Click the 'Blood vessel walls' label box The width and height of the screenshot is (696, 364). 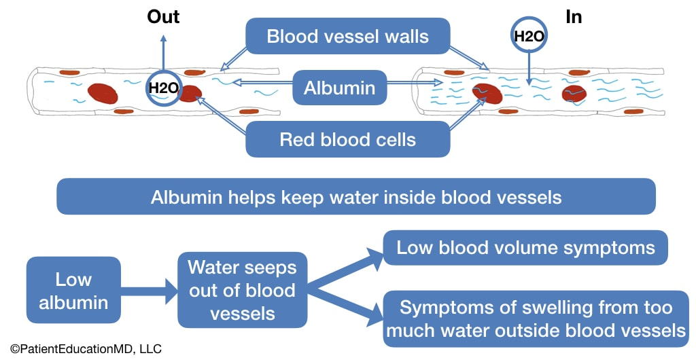[x=347, y=36]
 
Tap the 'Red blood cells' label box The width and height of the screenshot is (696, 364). [x=347, y=140]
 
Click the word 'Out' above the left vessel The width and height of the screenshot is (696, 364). [x=163, y=16]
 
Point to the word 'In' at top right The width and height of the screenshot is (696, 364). [x=574, y=16]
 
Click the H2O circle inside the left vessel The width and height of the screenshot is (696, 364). [x=163, y=88]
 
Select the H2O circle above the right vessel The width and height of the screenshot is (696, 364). [x=529, y=37]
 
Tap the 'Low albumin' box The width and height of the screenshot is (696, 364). [x=73, y=290]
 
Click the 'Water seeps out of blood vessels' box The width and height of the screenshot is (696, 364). [x=242, y=290]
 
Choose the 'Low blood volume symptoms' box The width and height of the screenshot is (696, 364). [x=525, y=247]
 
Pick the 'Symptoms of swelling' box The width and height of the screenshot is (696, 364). [x=536, y=318]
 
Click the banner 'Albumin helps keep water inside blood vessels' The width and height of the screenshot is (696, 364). [x=355, y=197]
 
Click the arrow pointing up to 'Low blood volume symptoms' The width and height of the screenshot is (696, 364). [x=347, y=268]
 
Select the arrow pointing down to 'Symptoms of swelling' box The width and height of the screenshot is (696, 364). [x=347, y=304]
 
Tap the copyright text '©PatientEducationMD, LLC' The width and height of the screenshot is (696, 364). [x=86, y=349]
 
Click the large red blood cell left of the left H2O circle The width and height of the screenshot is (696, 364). [x=103, y=93]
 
